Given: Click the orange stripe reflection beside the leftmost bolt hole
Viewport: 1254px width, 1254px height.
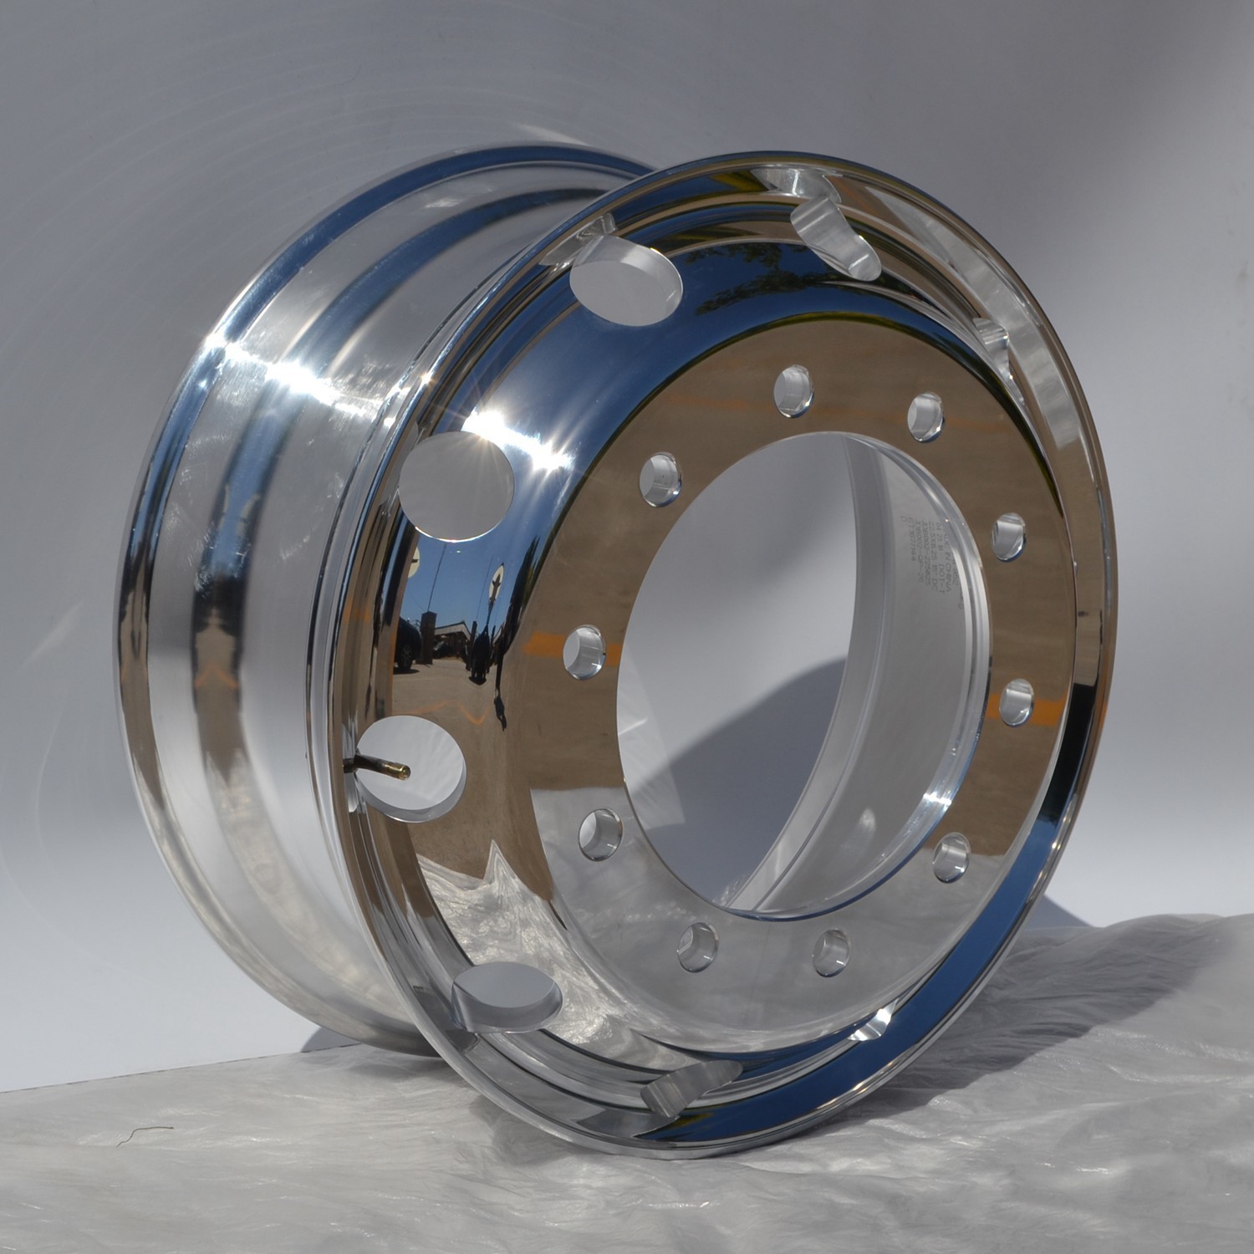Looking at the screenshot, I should click(x=548, y=645).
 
